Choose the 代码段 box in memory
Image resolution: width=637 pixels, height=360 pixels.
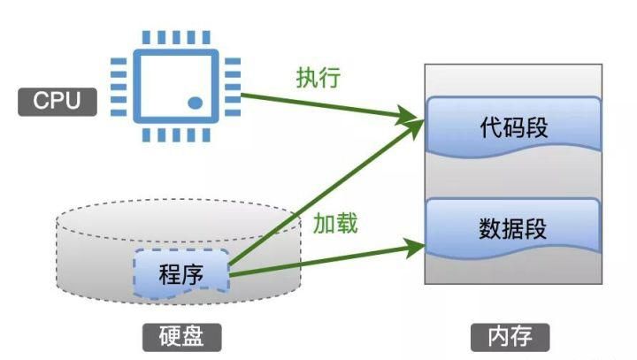pyautogui.click(x=513, y=126)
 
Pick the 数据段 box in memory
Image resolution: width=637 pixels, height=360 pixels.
pyautogui.click(x=513, y=229)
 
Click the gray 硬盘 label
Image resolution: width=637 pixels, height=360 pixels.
pyautogui.click(x=181, y=337)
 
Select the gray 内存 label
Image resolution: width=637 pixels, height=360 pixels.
pyautogui.click(x=512, y=337)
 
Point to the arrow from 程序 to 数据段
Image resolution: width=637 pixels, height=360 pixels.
pyautogui.click(x=327, y=260)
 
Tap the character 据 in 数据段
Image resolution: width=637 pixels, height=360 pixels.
pyautogui.click(x=513, y=229)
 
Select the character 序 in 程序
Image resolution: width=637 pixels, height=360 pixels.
pyautogui.click(x=193, y=274)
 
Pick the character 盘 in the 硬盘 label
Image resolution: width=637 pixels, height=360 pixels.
pyautogui.click(x=194, y=337)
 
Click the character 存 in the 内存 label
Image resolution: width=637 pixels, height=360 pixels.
pyautogui.click(x=525, y=337)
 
